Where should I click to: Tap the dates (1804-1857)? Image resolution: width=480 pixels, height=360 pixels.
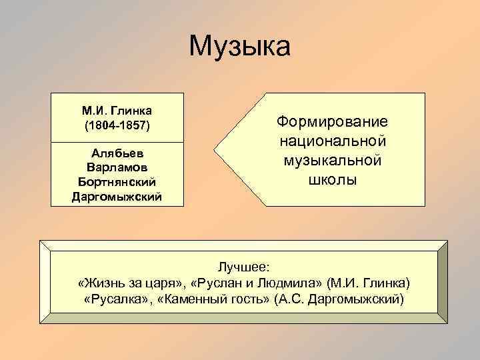pos(118,125)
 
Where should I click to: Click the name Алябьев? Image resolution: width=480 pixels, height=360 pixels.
pos(118,153)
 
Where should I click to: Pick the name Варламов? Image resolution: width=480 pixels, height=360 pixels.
pos(118,167)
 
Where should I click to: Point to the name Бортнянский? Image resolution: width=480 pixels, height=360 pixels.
pos(118,181)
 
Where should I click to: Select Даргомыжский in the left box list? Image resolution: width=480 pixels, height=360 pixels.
pos(118,195)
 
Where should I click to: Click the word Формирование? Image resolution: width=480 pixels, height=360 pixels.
pos(332,123)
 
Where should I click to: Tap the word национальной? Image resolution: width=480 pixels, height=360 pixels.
pos(332,142)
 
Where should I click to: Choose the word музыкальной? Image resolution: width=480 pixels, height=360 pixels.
pos(332,161)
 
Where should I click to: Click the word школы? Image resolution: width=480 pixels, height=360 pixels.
pos(332,180)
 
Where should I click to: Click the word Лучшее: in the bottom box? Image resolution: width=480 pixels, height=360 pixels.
pos(239,267)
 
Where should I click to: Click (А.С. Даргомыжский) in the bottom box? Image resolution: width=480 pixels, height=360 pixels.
pos(339,299)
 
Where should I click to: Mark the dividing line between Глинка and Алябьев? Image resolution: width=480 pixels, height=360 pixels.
pos(118,142)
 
